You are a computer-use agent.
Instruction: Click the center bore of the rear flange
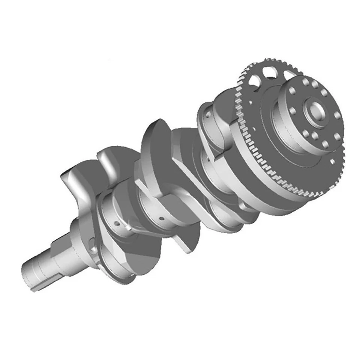[x=314, y=112]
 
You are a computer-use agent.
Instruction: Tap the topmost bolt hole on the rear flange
[x=306, y=82]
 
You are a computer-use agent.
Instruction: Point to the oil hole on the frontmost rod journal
[x=117, y=223]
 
